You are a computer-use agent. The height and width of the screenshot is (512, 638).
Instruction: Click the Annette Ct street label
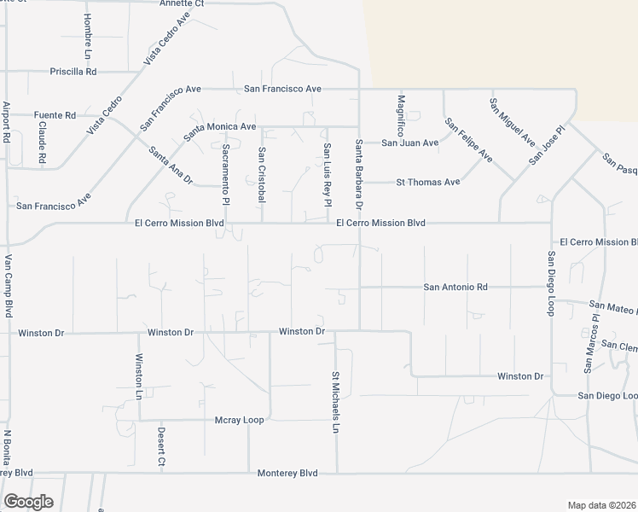182,3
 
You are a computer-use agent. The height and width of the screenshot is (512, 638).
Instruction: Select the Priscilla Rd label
73,72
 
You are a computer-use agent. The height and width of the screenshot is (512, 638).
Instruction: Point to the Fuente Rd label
55,115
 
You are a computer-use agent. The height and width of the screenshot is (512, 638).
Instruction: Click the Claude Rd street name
42,143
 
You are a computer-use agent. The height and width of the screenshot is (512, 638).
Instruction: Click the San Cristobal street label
262,174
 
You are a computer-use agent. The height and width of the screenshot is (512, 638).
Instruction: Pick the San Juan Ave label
409,143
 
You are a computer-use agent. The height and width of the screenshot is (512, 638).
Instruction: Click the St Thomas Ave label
427,182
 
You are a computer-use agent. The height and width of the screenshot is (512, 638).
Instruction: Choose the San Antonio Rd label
455,288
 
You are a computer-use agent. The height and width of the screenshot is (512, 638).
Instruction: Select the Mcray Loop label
240,420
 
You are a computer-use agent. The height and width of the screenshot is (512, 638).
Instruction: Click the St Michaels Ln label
335,402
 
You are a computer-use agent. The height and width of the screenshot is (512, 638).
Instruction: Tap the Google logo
28,502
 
